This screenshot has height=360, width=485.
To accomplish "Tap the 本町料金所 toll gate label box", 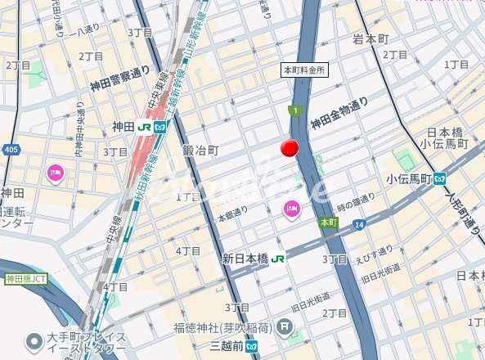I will [x=304, y=70].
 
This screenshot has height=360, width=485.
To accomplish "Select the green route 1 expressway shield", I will [x=294, y=110].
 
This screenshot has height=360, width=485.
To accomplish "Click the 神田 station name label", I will [x=123, y=127].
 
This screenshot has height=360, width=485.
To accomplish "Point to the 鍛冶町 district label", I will [x=200, y=151].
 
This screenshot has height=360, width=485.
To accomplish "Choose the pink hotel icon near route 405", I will [x=56, y=173].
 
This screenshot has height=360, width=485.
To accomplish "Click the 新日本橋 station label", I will [x=245, y=258].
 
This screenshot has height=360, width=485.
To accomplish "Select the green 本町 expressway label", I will [x=328, y=222].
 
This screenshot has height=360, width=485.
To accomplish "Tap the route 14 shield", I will [x=359, y=223].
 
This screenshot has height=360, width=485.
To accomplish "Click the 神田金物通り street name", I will [x=339, y=113].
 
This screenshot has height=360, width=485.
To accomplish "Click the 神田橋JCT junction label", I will [x=24, y=279].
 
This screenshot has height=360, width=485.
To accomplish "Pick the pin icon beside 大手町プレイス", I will [x=34, y=340].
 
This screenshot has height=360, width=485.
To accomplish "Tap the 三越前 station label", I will [x=228, y=344].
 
